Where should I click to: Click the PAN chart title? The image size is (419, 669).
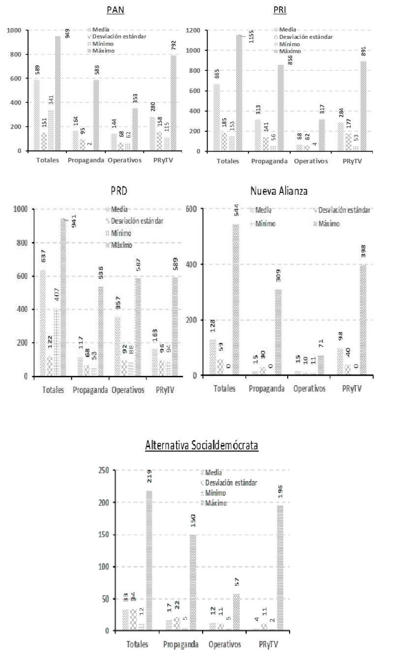[x=116, y=10]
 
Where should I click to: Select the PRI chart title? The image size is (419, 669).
[x=280, y=10]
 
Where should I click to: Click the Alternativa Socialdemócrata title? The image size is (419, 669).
[x=202, y=446]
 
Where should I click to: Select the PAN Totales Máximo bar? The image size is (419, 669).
[x=58, y=93]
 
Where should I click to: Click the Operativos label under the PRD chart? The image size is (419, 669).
[x=128, y=390]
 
